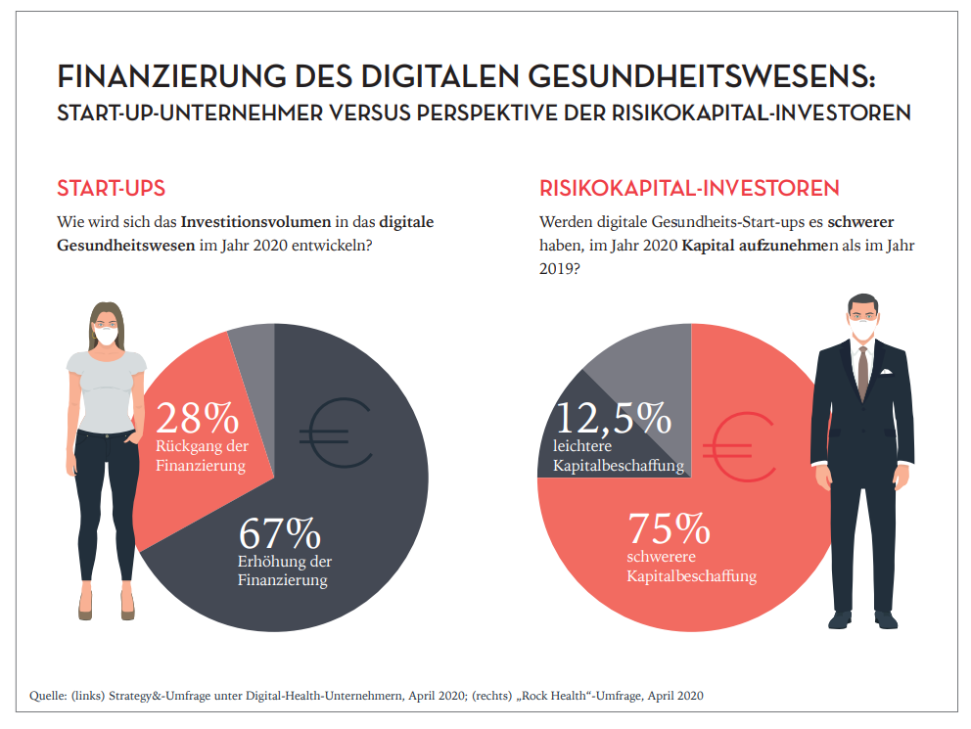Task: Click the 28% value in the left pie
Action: coord(196,419)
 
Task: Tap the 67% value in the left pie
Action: coord(280,534)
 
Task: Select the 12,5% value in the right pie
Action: coord(613,419)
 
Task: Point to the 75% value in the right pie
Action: coord(669,529)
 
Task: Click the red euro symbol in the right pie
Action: coord(744,442)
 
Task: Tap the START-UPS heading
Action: coord(111,187)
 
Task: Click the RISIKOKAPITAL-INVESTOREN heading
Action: coord(689,187)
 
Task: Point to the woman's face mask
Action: coord(107,336)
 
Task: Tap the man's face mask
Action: coord(862,333)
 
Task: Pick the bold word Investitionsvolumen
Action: coord(253,222)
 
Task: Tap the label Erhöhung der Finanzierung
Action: coord(285,571)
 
